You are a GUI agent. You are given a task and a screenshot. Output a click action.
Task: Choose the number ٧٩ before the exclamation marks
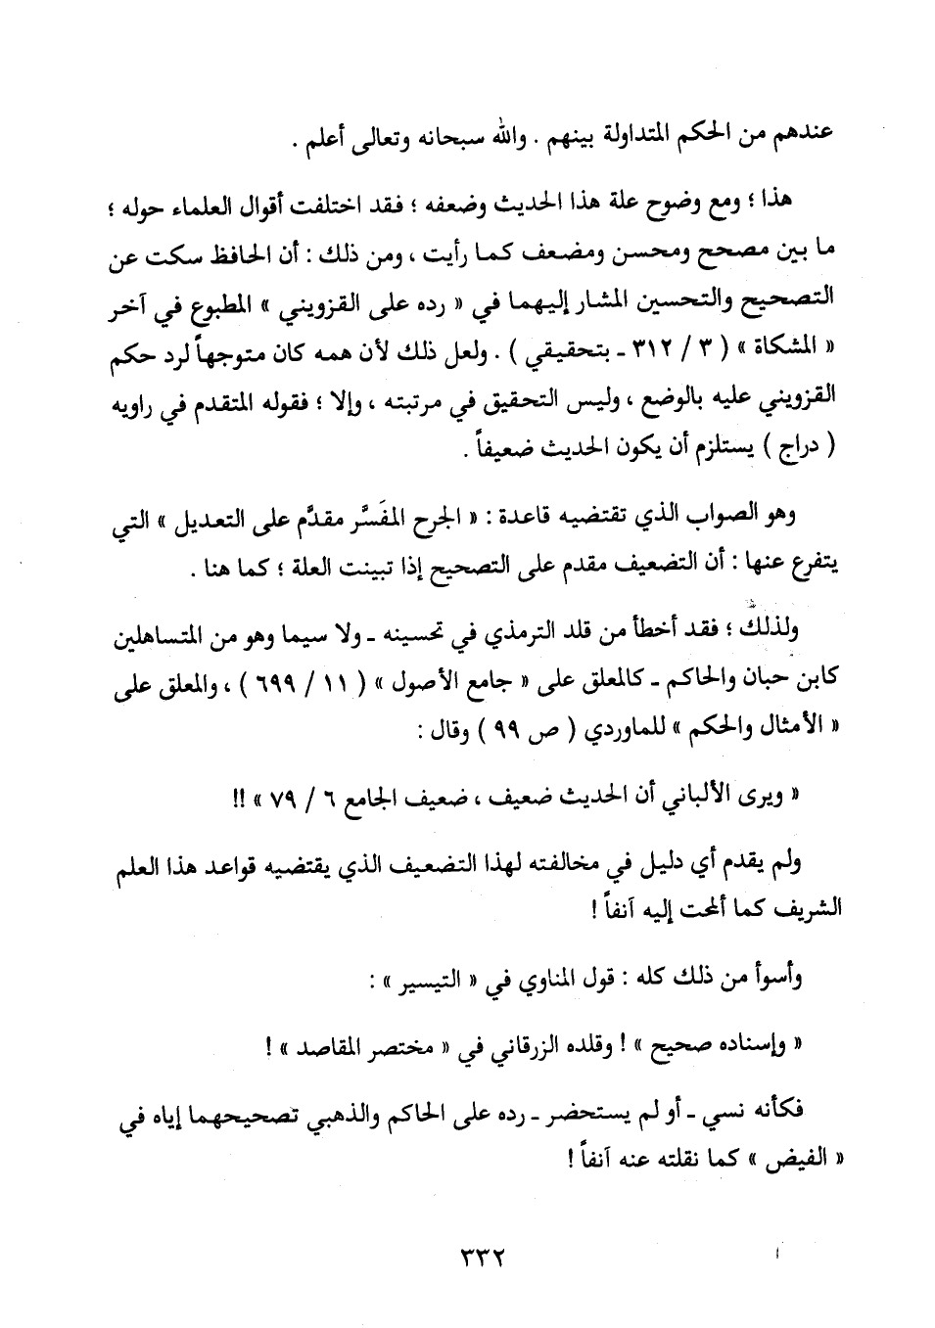264,800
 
